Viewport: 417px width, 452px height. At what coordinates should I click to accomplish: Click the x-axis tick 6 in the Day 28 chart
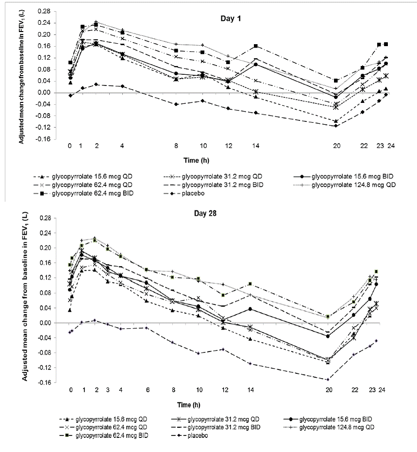pyautogui.click(x=147, y=390)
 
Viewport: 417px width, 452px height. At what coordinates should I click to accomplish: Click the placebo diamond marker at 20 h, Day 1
pyautogui.click(x=336, y=126)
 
